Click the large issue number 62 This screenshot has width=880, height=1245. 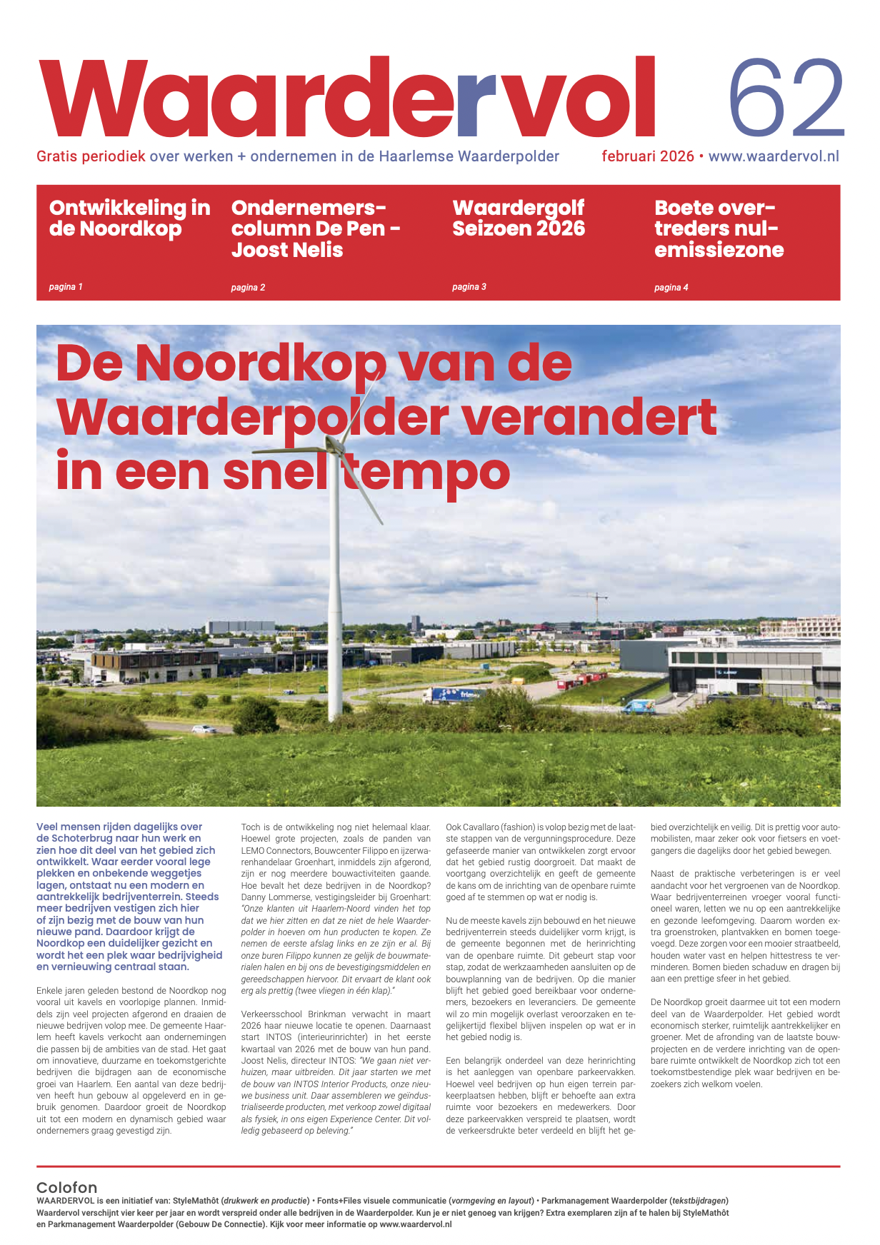pyautogui.click(x=786, y=99)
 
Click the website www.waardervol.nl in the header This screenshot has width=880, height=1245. pyautogui.click(x=774, y=156)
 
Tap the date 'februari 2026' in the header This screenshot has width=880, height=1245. pyautogui.click(x=647, y=156)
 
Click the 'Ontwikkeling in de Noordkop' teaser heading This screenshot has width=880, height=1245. pyautogui.click(x=129, y=218)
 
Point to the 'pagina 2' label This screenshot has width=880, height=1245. pyautogui.click(x=248, y=288)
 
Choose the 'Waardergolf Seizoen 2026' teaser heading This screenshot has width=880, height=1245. pyautogui.click(x=519, y=218)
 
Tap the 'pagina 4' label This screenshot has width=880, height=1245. pyautogui.click(x=671, y=288)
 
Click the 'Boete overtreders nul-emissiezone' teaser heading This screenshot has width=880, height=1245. pyautogui.click(x=719, y=228)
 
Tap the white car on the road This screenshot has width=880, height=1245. pyautogui.click(x=203, y=729)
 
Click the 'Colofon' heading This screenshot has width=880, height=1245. pyautogui.click(x=66, y=1187)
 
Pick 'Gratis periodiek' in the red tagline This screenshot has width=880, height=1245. pyautogui.click(x=91, y=156)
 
